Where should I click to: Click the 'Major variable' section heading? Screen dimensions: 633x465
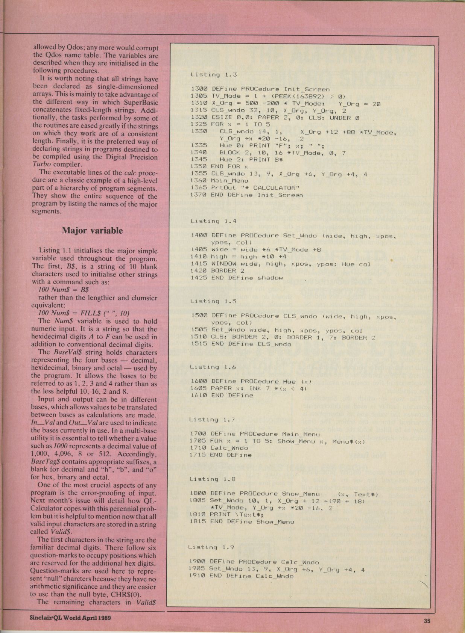coord(92,230)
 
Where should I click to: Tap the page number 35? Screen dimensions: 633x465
coord(427,621)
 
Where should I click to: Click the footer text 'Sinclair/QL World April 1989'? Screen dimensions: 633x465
coord(70,617)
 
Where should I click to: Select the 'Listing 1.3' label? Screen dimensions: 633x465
coord(213,75)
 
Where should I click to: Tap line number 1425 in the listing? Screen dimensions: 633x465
coord(199,278)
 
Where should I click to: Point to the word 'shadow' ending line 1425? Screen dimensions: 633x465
coord(270,278)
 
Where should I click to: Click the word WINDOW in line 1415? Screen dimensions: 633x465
coord(223,264)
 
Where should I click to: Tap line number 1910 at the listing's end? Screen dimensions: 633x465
coord(197,576)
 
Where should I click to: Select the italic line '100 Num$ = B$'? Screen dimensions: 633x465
coord(64,290)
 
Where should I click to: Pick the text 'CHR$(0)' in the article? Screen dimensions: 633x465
coord(134,594)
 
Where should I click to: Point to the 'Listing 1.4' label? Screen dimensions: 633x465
coord(213,221)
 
